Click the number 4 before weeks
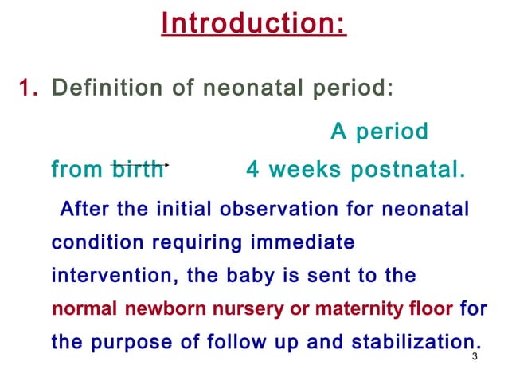(x=252, y=170)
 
